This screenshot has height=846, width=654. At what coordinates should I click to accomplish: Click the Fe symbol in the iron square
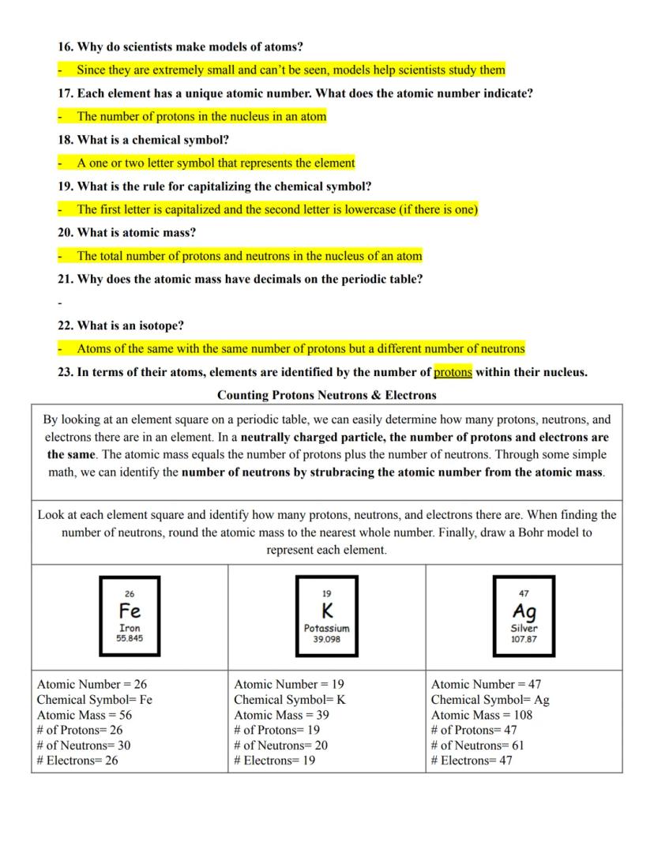click(x=130, y=611)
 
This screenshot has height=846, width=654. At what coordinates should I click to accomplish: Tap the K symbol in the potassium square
click(x=326, y=611)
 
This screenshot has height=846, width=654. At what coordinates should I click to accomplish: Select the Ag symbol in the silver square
click(x=524, y=611)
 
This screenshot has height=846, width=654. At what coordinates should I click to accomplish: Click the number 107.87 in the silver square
click(x=524, y=639)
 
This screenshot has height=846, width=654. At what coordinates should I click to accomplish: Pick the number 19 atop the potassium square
click(x=326, y=593)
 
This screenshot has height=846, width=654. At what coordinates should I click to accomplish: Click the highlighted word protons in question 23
click(x=453, y=372)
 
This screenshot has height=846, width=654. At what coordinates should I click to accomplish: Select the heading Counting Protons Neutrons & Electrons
click(x=327, y=394)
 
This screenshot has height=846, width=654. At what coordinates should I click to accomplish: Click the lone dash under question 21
click(x=59, y=303)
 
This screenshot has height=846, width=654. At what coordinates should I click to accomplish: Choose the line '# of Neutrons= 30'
click(x=84, y=745)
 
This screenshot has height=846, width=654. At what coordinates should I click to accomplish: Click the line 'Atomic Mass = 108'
click(x=482, y=715)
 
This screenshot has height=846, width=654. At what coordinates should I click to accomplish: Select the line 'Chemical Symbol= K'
click(x=290, y=700)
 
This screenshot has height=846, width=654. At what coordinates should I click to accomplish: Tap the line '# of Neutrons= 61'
click(x=478, y=745)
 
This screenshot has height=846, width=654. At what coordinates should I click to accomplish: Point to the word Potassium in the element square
click(x=326, y=629)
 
